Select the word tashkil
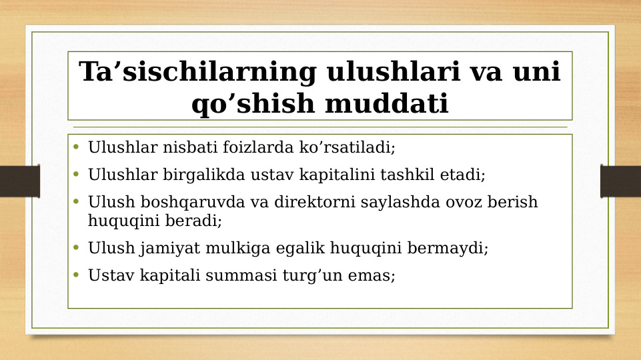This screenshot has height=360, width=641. coord(411,175)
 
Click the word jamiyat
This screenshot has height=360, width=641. coord(167,248)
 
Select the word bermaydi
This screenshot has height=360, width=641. coord(452,248)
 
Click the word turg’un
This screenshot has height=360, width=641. coord(317,275)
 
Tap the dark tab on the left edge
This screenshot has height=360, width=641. coord(19,181)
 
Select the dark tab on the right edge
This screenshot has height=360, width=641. coord(621,181)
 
